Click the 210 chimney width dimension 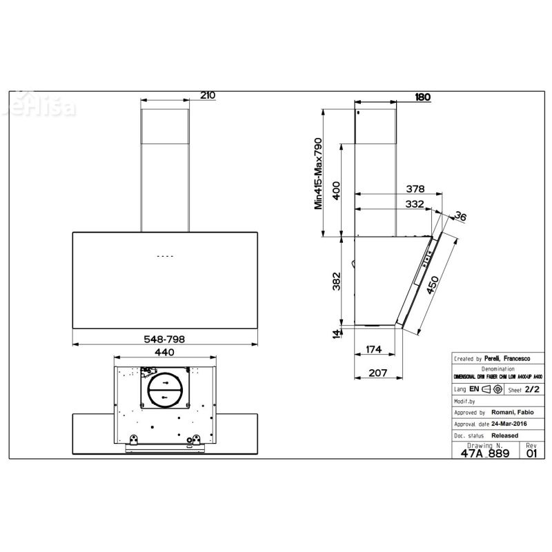pyautogui.click(x=208, y=96)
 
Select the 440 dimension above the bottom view pyautogui.click(x=164, y=352)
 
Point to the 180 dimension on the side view pyautogui.click(x=422, y=97)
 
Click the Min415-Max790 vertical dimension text pyautogui.click(x=319, y=172)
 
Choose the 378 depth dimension pyautogui.click(x=414, y=188)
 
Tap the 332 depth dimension pyautogui.click(x=414, y=204)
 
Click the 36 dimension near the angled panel pyautogui.click(x=462, y=217)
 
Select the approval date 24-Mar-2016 pyautogui.click(x=503, y=424)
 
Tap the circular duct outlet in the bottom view pyautogui.click(x=165, y=391)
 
